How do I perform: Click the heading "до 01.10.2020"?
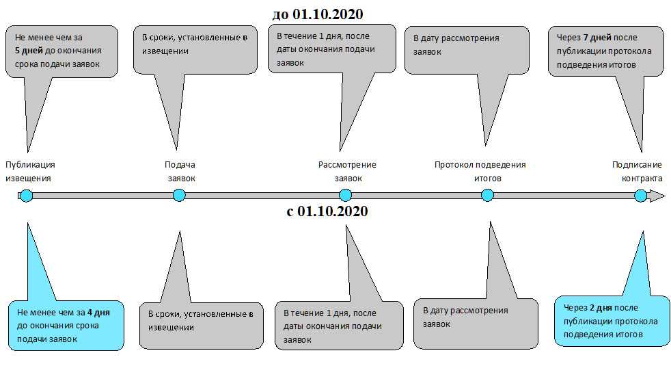[318, 14]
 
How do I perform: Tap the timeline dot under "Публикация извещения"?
[26, 196]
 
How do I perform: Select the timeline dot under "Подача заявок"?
[179, 196]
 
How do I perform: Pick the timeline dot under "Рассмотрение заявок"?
[345, 196]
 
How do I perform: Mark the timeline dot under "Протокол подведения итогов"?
[487, 196]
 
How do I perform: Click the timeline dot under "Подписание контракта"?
[640, 196]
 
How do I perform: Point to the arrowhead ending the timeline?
[657, 196]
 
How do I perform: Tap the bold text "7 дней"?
[597, 38]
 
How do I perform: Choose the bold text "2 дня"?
[603, 308]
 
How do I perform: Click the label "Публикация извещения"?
[30, 171]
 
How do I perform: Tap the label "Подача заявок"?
[180, 171]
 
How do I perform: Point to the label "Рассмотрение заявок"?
[347, 171]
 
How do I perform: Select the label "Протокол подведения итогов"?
[480, 171]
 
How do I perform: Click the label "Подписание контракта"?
[638, 171]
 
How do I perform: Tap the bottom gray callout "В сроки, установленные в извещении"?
[200, 325]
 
